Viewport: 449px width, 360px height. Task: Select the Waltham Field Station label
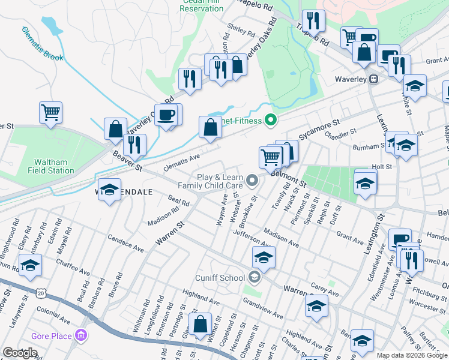[54, 166]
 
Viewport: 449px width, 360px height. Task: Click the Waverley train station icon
[373, 79]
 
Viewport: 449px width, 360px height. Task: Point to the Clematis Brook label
[42, 44]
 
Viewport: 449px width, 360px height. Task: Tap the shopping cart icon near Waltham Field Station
[50, 112]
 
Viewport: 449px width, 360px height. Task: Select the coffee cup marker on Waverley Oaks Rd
[166, 114]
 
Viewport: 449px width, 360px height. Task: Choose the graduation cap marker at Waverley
[414, 85]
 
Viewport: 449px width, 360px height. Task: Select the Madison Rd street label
[164, 217]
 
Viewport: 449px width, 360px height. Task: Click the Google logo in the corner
[20, 353]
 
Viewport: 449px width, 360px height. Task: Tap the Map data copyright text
[412, 355]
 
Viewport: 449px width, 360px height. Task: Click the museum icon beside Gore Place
[82, 336]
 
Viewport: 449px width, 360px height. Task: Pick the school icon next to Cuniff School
[255, 277]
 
